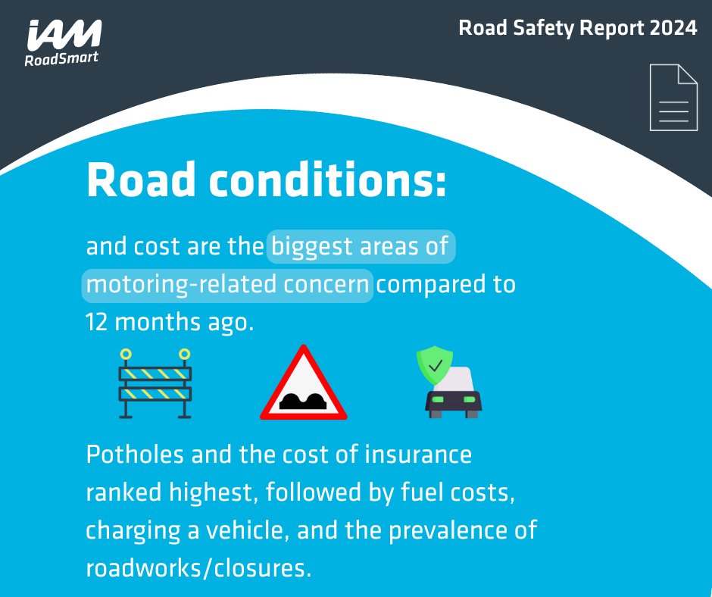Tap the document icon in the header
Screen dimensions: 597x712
click(673, 98)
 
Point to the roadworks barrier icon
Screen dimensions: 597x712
click(155, 383)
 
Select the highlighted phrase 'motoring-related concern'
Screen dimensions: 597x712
click(228, 286)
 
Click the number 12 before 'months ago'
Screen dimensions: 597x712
click(98, 321)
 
